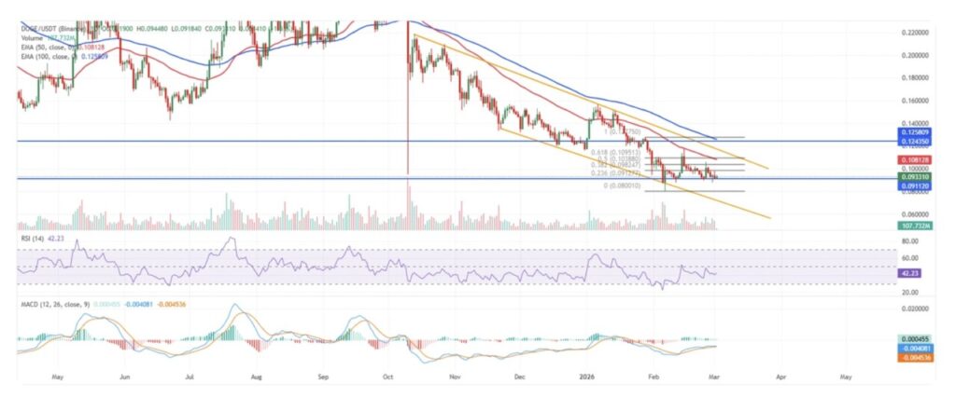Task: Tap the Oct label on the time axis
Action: [x=387, y=379]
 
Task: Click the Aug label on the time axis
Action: [x=256, y=379]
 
